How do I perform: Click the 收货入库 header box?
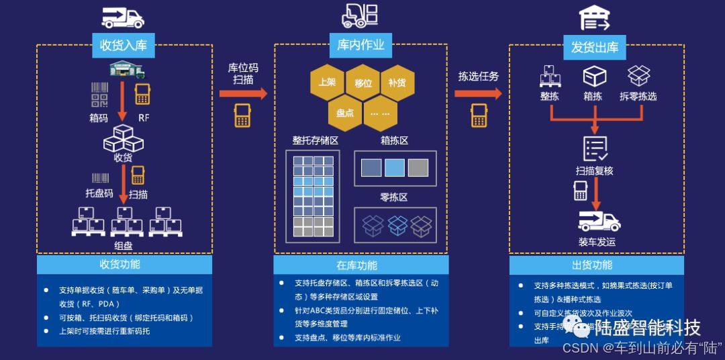[123, 45]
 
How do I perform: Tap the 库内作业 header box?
[360, 44]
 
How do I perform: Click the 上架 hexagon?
[327, 82]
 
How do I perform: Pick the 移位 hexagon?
[363, 83]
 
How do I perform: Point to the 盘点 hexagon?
[345, 112]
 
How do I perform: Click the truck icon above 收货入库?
[123, 16]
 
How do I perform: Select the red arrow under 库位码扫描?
[242, 93]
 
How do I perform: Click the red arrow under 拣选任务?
[477, 92]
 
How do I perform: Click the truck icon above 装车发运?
[599, 220]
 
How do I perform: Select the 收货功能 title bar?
[124, 264]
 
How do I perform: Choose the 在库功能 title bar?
[360, 265]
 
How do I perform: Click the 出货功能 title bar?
[595, 265]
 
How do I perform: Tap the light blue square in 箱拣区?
[394, 167]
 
